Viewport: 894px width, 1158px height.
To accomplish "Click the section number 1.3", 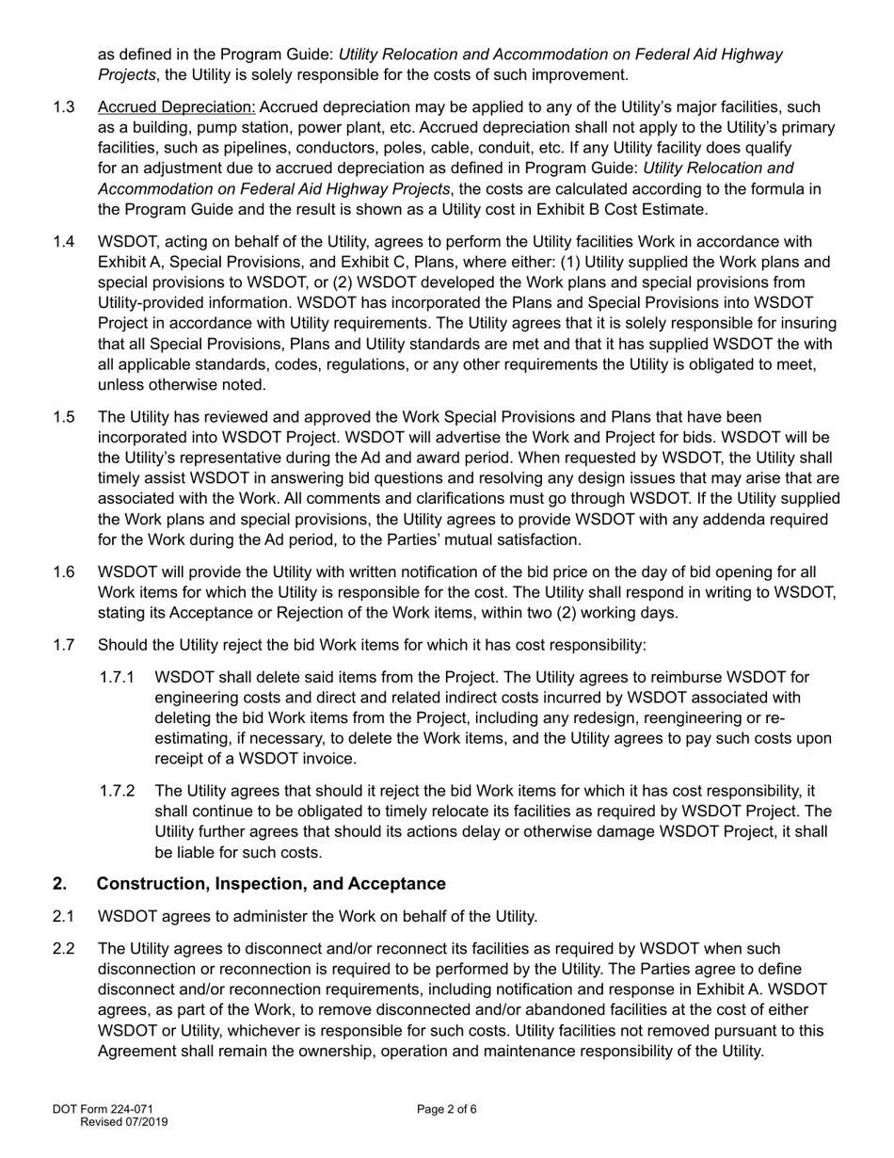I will (64, 107).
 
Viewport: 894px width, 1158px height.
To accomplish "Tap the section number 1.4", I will (64, 242).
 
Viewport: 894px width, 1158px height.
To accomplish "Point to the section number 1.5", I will (64, 416).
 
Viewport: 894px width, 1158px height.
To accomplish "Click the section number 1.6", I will (64, 571).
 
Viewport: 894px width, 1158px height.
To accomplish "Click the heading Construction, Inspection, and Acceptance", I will (271, 884).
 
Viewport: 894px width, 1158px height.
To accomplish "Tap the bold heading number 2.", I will (59, 884).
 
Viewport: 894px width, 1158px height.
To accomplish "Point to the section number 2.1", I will (64, 916).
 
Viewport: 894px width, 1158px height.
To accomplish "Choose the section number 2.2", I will (64, 948).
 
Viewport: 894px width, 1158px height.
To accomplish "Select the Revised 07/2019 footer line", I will (124, 1122).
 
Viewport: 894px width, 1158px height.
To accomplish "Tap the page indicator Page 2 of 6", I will (447, 1109).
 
